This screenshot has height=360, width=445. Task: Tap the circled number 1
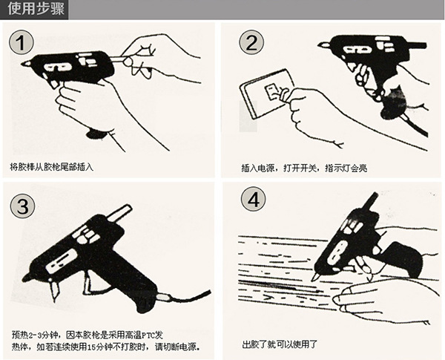point(25,42)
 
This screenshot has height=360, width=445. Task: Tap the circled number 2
point(251,42)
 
